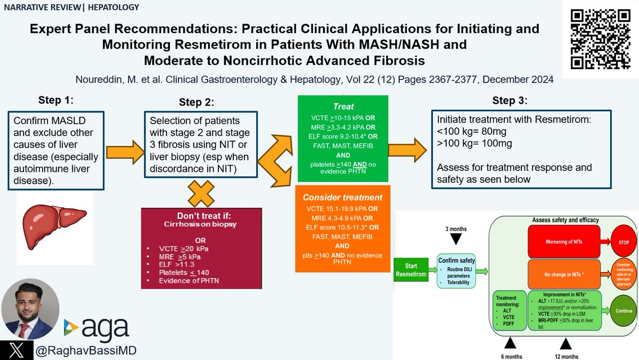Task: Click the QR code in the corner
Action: point(599,38)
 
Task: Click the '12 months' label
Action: point(566,356)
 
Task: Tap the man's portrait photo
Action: point(30,309)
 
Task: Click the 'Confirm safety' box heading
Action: point(456,260)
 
